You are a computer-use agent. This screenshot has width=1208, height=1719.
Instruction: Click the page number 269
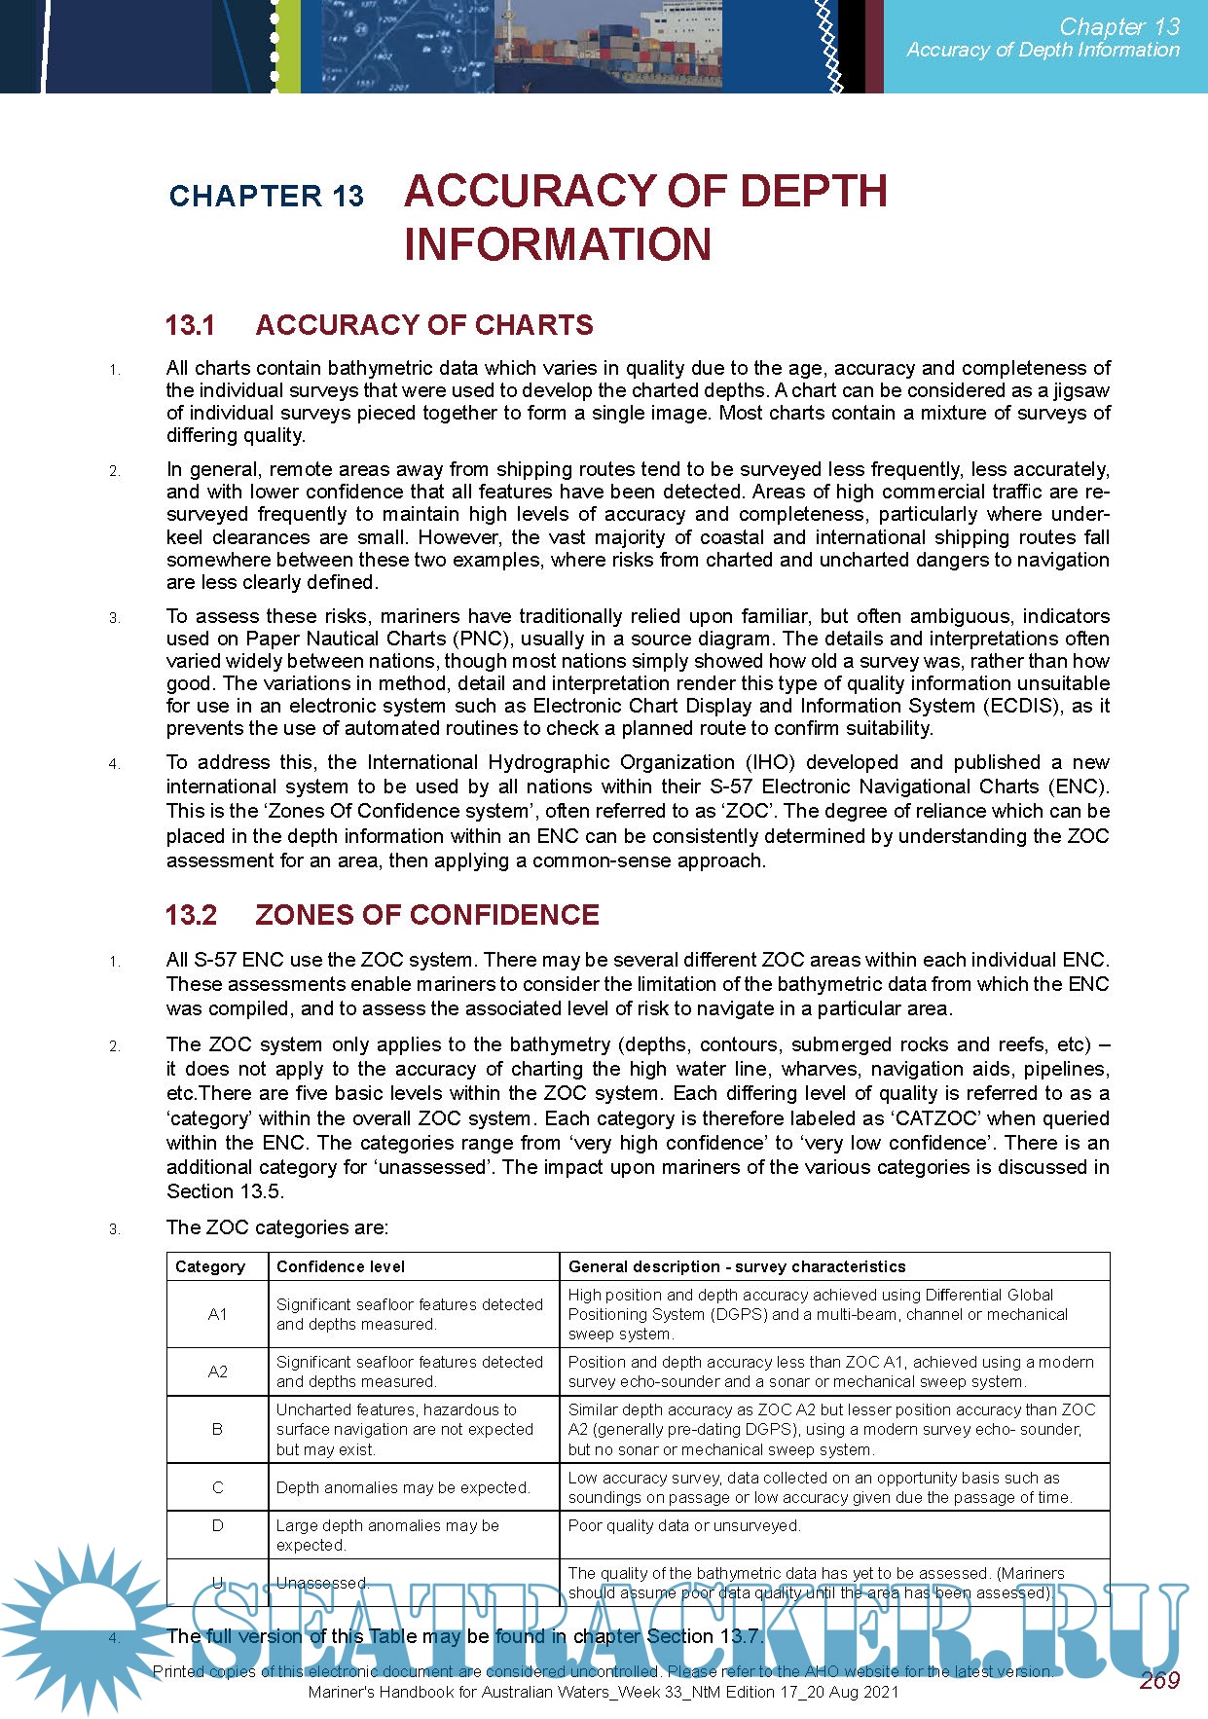point(1158,1680)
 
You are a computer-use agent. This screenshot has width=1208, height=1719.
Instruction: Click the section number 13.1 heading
point(191,325)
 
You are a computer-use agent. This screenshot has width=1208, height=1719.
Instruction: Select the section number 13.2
point(192,915)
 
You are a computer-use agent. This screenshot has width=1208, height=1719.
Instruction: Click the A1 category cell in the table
point(217,1314)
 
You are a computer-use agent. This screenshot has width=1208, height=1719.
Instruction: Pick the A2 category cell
point(217,1372)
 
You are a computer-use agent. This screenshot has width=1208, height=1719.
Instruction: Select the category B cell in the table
point(217,1429)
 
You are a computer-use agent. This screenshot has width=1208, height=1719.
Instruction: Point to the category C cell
point(217,1487)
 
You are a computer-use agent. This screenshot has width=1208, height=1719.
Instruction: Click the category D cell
point(217,1525)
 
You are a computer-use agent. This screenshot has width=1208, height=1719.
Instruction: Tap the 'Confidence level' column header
point(341,1266)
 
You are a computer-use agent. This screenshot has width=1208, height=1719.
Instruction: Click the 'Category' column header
point(210,1266)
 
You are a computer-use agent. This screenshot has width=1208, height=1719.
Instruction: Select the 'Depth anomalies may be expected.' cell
point(403,1487)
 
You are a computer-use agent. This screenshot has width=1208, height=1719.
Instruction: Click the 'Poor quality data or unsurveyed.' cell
point(684,1525)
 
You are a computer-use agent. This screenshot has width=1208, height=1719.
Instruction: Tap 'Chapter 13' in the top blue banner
point(1119,26)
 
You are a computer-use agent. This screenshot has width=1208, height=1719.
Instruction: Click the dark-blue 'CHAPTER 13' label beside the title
point(266,196)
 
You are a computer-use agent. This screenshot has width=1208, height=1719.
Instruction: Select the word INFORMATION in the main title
point(558,244)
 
